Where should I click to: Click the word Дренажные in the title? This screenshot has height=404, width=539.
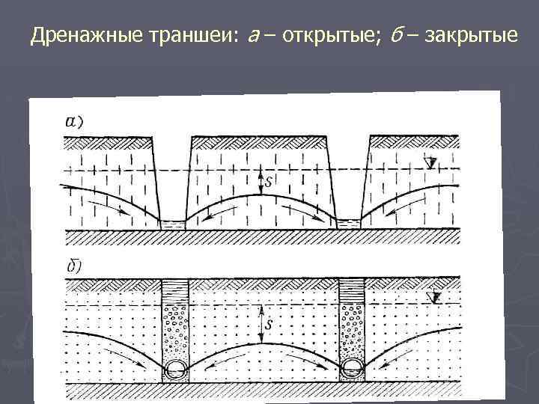(x=77, y=35)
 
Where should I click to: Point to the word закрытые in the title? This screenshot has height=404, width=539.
(x=470, y=35)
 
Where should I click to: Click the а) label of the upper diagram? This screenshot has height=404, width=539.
(x=75, y=122)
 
